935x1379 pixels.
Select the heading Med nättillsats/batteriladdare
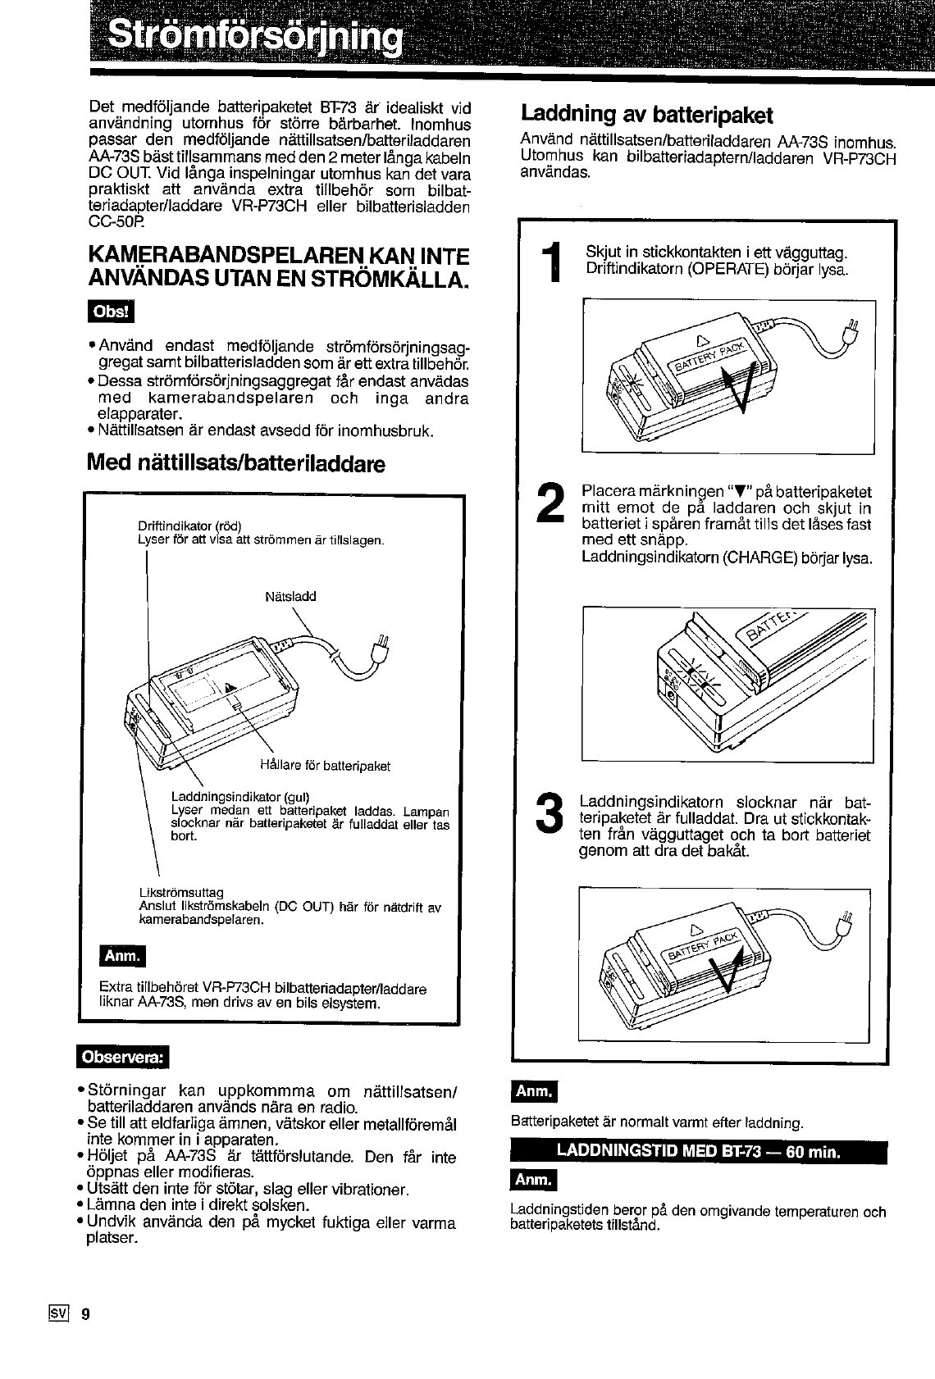pyautogui.click(x=236, y=464)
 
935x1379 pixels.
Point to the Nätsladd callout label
pyautogui.click(x=290, y=596)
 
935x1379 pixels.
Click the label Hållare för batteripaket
pyautogui.click(x=324, y=766)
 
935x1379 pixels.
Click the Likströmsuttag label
pyautogui.click(x=180, y=892)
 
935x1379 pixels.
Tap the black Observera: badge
pyautogui.click(x=121, y=1058)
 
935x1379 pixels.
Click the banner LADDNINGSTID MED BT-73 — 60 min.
pyautogui.click(x=698, y=1151)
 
